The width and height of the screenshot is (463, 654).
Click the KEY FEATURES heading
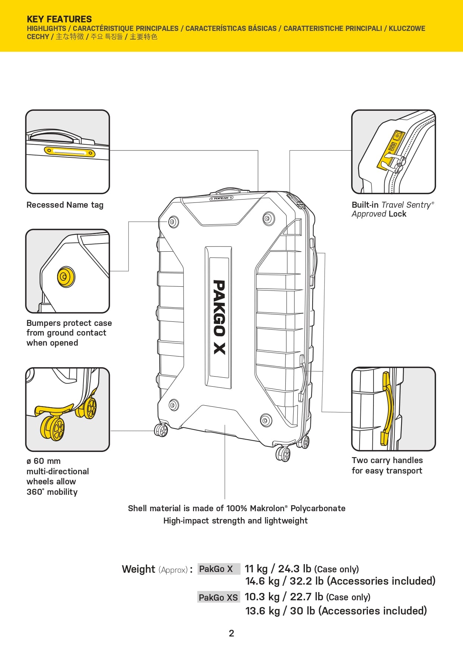(59, 19)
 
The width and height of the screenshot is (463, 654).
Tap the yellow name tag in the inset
(70, 152)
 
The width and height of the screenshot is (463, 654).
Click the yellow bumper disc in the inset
(66, 277)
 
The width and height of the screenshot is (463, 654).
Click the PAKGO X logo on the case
(219, 317)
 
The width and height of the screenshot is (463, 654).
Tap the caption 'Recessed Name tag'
(65, 205)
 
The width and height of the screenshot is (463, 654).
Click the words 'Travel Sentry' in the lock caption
(406, 205)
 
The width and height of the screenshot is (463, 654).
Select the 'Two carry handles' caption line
(387, 460)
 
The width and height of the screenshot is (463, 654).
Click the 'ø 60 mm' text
(43, 461)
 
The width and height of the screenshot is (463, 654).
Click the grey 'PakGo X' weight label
(216, 569)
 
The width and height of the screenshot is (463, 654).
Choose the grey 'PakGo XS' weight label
(218, 597)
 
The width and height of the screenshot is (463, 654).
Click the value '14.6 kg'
(262, 581)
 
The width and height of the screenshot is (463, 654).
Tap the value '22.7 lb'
(306, 597)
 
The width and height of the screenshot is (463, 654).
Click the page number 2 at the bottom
(231, 633)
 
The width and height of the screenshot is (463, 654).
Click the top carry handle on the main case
(225, 191)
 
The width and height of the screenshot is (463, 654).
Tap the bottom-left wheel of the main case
(161, 430)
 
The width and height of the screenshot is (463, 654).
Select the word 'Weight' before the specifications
(138, 569)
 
